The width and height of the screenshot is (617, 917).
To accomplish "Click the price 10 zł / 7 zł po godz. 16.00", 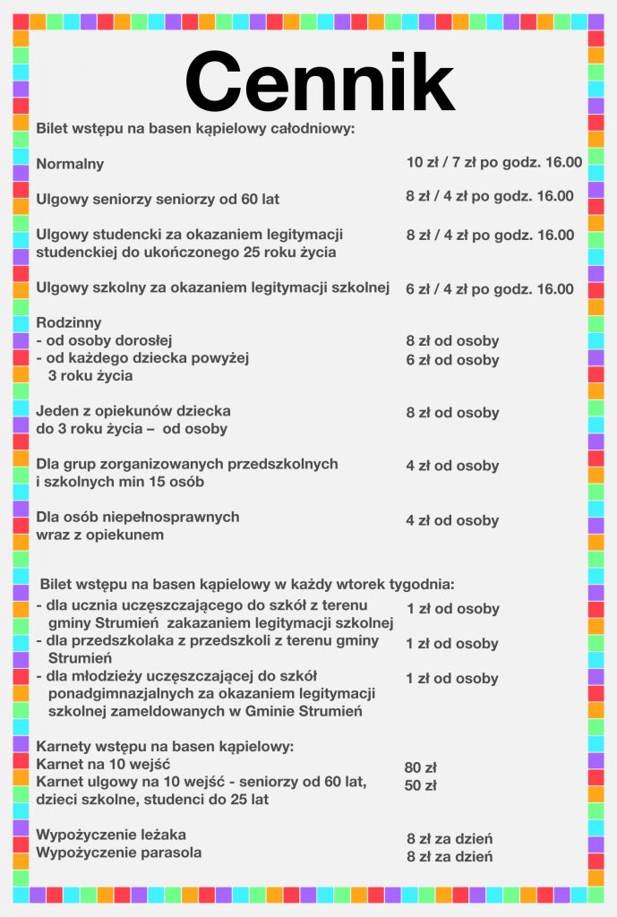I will coord(493,162).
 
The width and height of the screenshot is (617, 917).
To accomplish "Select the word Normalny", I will coord(70,164).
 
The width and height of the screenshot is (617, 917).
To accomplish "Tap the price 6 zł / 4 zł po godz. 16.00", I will coord(490,288).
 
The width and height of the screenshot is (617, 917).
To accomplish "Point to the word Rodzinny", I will coord(69,322).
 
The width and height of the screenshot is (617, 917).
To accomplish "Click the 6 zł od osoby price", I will coord(452,360).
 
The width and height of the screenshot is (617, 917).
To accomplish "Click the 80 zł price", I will coord(420,767).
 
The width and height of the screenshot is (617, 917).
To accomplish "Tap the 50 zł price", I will coord(420,786).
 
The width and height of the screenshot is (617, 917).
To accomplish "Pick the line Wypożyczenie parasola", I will coord(118,853).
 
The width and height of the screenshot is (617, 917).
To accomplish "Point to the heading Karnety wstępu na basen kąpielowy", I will coord(165,746).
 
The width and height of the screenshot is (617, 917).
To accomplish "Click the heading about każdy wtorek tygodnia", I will coord(246,584).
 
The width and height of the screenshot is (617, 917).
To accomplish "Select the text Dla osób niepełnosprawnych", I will coord(137,517).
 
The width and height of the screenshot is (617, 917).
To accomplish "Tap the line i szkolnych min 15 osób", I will coord(120,482).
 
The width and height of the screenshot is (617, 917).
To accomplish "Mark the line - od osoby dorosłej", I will coord(104,340).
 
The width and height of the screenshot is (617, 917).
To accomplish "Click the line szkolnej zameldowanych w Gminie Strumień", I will coord(204,711).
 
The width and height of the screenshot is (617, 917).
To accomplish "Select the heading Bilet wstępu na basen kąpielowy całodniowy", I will coord(195,129).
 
